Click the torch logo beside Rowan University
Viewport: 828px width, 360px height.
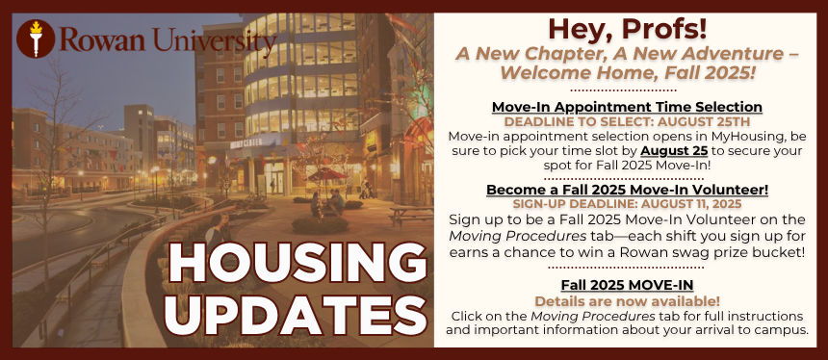point(36,39)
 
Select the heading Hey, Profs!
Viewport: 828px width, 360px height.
point(627,29)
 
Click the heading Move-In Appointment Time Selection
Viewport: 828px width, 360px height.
point(627,107)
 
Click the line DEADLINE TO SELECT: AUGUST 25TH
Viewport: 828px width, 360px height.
point(627,122)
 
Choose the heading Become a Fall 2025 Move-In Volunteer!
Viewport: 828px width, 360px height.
point(627,190)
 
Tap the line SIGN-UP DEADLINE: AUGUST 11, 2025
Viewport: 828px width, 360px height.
point(627,204)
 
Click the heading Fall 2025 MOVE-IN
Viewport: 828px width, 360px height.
point(627,286)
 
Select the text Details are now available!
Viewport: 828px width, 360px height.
point(627,301)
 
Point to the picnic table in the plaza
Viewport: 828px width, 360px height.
point(410,215)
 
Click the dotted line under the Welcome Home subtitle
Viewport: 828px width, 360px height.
point(627,90)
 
